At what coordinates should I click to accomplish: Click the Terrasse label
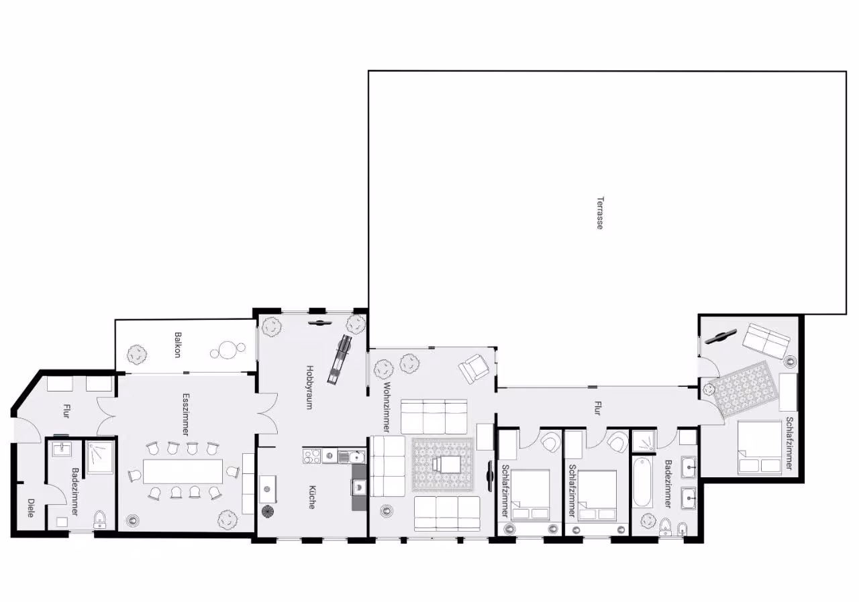600,213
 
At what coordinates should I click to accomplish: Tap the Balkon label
178,345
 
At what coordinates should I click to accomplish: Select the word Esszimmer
186,414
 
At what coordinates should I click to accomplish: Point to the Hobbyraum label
310,387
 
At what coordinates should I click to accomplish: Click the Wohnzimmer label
387,407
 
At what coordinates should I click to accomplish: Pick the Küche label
312,497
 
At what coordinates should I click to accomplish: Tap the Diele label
31,507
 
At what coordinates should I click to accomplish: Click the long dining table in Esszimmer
183,471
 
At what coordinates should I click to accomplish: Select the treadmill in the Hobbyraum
339,359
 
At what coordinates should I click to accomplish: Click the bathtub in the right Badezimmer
643,482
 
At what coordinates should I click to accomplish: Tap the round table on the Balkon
228,350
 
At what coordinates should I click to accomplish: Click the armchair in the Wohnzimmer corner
474,369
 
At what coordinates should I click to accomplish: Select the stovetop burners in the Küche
312,457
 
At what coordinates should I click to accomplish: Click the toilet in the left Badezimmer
100,520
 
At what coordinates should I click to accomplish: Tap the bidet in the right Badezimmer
683,529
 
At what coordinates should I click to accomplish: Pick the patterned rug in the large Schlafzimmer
740,389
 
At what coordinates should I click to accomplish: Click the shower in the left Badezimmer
100,457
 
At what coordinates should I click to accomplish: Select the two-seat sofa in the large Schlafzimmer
766,341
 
